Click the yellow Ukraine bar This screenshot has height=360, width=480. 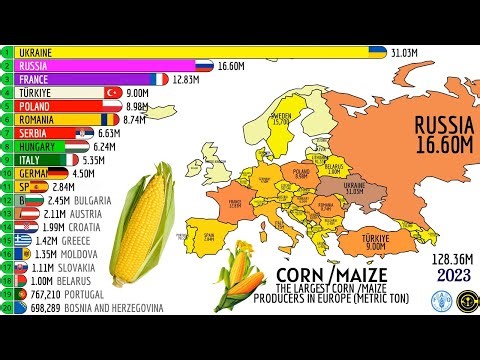point(190,50)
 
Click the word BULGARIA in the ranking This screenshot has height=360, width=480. point(92,200)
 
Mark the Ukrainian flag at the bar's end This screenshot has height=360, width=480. point(378,50)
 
